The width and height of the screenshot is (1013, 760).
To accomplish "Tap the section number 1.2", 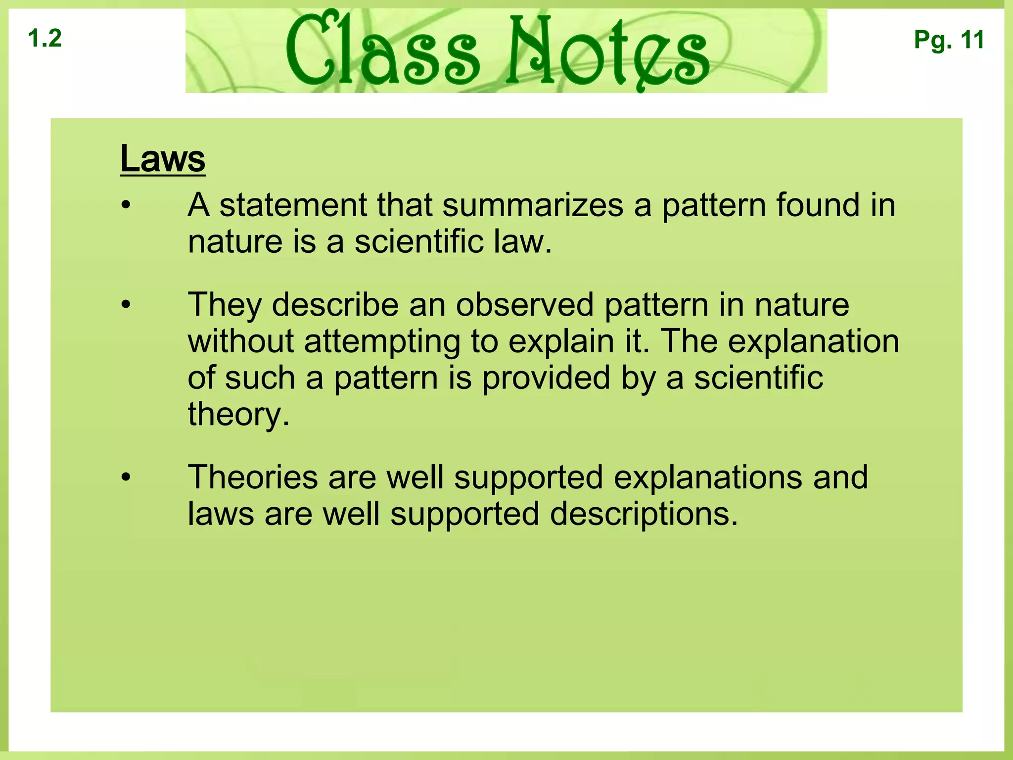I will tap(45, 39).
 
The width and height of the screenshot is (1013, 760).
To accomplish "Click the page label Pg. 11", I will tap(949, 40).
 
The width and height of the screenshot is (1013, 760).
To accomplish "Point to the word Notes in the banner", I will tap(609, 52).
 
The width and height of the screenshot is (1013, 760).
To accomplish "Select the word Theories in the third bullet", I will tap(253, 477).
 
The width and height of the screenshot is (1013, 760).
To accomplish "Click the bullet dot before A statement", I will tap(127, 205).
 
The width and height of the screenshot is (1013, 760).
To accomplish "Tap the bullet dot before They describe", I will tap(127, 305).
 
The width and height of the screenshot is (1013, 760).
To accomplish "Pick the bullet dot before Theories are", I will tap(127, 477).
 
